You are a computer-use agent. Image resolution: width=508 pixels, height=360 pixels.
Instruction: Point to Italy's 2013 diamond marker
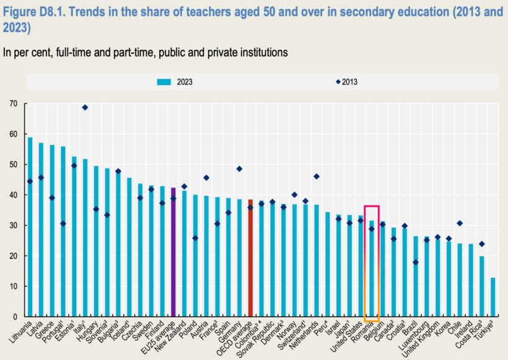tap(85, 108)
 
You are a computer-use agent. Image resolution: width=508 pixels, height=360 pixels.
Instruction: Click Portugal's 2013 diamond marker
tap(63, 224)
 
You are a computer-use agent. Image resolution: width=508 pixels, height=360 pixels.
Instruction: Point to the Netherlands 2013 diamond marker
tap(316, 177)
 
